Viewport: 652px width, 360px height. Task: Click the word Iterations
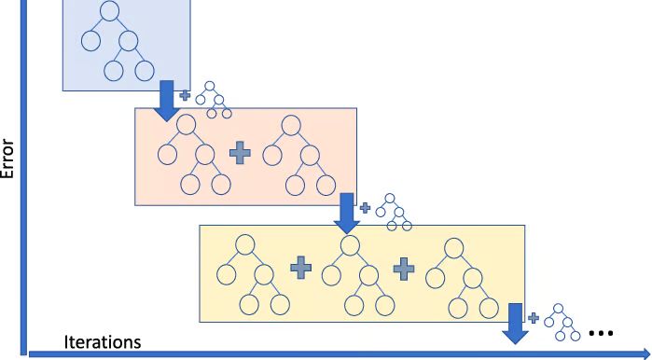point(103,341)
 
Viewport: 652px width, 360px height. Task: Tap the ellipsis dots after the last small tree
point(600,332)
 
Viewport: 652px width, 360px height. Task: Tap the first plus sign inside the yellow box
point(300,269)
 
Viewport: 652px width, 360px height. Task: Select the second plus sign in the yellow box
point(403,269)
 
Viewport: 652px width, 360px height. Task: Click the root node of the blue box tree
point(109,13)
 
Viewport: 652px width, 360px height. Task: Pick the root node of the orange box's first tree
point(187,125)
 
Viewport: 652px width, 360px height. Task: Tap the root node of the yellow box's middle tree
point(350,244)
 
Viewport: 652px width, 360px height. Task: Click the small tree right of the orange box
point(395,213)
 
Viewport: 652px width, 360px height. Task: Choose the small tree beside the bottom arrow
point(561,322)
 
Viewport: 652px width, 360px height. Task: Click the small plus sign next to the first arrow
point(185,95)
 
